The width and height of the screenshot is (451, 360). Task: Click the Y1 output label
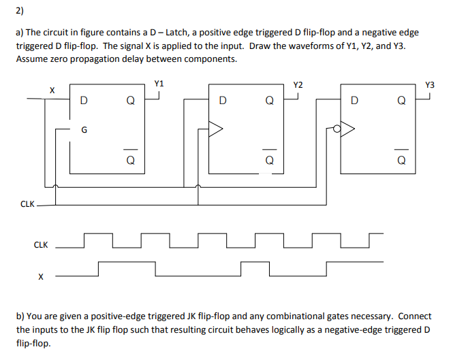(159, 84)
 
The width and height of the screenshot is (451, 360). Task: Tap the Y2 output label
(298, 85)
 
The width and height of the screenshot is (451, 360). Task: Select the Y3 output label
(429, 85)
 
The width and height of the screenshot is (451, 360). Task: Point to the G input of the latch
(84, 129)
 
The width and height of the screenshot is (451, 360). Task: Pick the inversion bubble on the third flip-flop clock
(337, 127)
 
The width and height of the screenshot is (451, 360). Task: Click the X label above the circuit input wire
(51, 89)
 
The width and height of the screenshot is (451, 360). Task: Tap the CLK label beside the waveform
(41, 244)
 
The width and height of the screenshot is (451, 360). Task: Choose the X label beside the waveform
(41, 277)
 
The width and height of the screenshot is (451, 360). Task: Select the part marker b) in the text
(20, 316)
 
